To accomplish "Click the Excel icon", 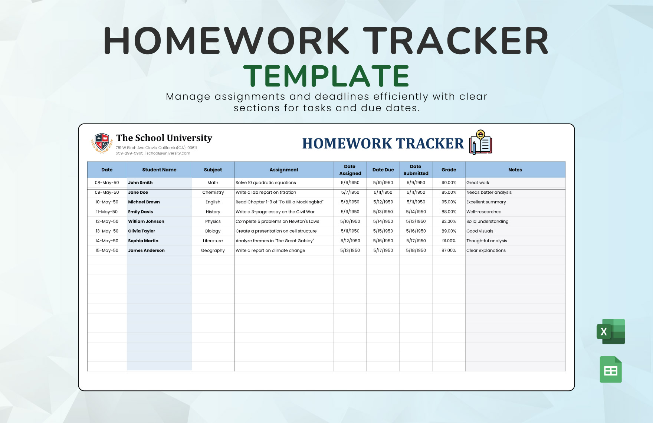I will click(x=611, y=331).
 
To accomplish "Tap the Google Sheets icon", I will click(x=611, y=370).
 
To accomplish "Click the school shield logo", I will click(x=102, y=143).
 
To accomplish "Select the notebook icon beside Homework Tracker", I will click(x=481, y=142).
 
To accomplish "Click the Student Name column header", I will click(x=159, y=170).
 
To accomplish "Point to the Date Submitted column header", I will click(x=416, y=170).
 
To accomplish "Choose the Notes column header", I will click(x=515, y=170).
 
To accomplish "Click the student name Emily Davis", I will click(x=141, y=212).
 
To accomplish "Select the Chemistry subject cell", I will click(x=213, y=193).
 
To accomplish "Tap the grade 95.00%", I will click(x=449, y=202).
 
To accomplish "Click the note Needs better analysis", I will click(x=489, y=193).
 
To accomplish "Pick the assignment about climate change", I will click(x=270, y=250).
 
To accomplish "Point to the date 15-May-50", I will click(x=107, y=250).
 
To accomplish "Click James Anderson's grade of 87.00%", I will click(x=449, y=250).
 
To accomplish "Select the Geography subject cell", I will click(x=213, y=250).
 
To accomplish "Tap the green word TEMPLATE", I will click(x=326, y=76).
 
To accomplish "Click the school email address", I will click(x=168, y=153).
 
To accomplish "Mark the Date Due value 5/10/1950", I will click(x=383, y=183).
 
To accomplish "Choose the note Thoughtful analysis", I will click(x=486, y=241).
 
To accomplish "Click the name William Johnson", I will click(x=146, y=222).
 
